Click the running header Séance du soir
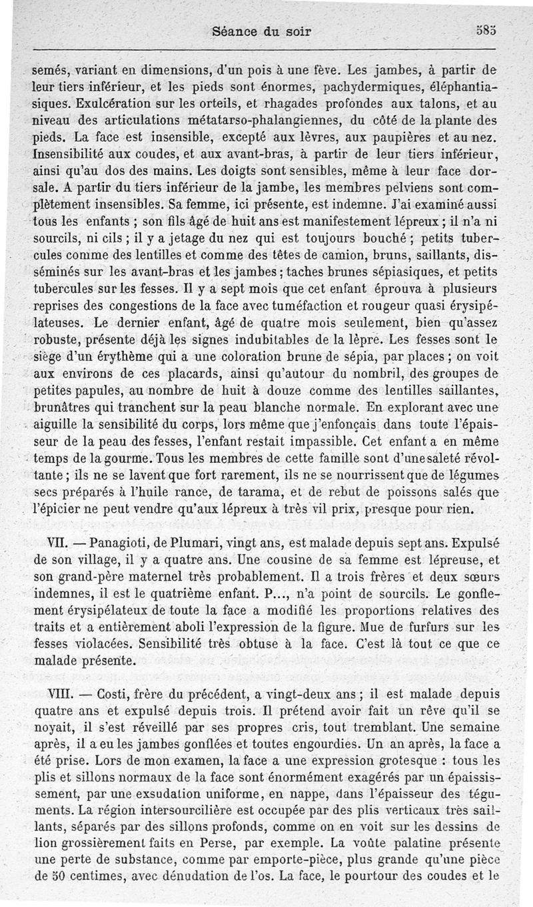coord(261,31)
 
